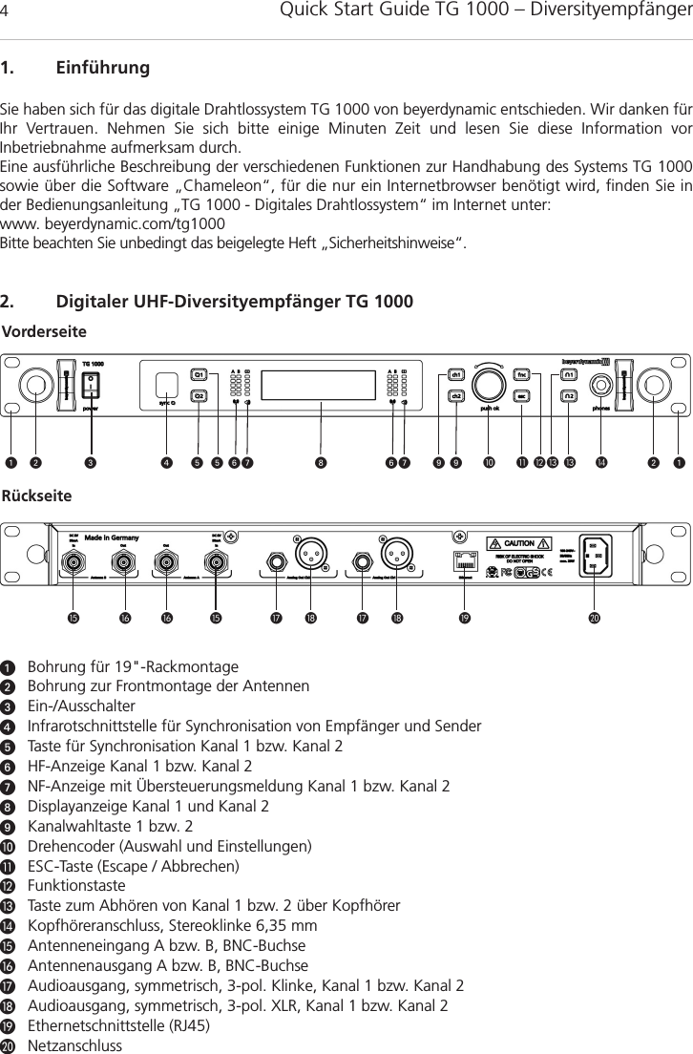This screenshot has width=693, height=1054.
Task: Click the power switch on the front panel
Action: (x=91, y=384)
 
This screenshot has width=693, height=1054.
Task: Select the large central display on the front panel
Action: (x=321, y=384)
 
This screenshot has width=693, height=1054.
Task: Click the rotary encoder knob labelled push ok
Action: (x=489, y=384)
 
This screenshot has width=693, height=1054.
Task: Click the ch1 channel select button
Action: (x=456, y=373)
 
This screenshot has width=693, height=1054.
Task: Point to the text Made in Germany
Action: (x=113, y=538)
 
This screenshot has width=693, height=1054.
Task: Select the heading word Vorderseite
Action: (x=44, y=331)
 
